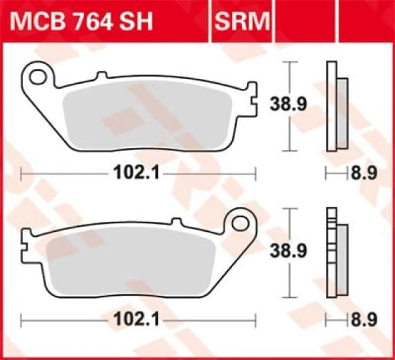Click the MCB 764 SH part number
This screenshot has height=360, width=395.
[x=90, y=22]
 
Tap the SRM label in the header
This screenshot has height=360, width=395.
[x=243, y=22]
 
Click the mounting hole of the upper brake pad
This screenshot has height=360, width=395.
[x=39, y=77]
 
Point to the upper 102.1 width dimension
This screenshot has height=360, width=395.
[x=138, y=174]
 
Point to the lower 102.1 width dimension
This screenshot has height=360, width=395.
[x=138, y=321]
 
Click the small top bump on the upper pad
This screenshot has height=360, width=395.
[x=102, y=76]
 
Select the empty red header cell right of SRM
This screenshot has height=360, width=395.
[x=333, y=22]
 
